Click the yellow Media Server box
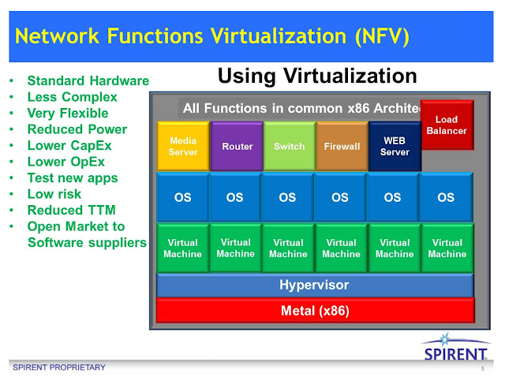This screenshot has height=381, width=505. click(x=183, y=146)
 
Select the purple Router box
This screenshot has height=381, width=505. click(x=237, y=146)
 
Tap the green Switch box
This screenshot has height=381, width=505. click(x=289, y=146)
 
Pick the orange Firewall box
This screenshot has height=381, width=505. click(x=342, y=146)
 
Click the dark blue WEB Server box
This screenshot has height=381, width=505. click(x=395, y=146)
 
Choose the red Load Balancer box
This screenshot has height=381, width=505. click(x=446, y=125)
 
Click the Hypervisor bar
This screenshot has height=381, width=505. click(x=315, y=285)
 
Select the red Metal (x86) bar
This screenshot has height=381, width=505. click(x=315, y=310)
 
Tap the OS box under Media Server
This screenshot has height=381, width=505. click(x=183, y=197)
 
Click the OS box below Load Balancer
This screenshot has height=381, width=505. click(x=446, y=197)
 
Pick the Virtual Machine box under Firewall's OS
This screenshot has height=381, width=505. click(x=342, y=248)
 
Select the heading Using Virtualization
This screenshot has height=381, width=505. click(x=316, y=76)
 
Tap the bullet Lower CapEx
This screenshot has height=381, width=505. click(x=65, y=145)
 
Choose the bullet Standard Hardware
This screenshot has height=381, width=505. click(x=88, y=80)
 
